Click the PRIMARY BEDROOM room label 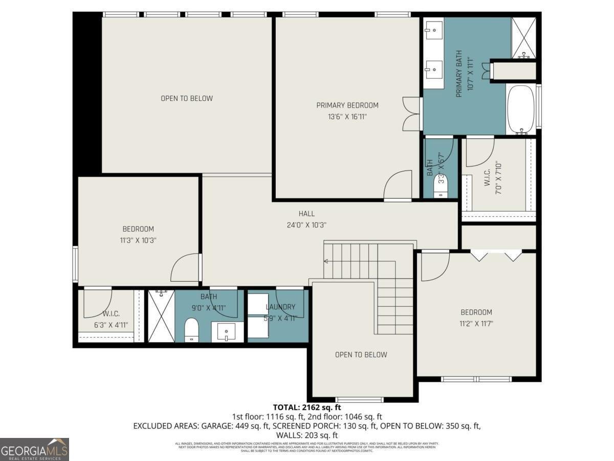pos(347,106)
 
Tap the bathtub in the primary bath pos(521,110)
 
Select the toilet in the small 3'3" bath pos(441,186)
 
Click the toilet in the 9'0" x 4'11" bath pos(191,329)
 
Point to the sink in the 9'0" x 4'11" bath pos(226,332)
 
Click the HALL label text pos(306,214)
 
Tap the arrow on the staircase pos(326,261)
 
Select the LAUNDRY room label pos(280,307)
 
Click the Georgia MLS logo pos(34,449)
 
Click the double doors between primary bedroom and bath pos(411,114)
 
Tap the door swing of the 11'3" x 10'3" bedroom pos(184,267)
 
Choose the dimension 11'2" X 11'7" pos(476,323)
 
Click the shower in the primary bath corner pos(523,37)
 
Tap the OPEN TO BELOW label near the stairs pos(361,354)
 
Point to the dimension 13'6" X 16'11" pos(347,117)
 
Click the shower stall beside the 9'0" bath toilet pos(161,316)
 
